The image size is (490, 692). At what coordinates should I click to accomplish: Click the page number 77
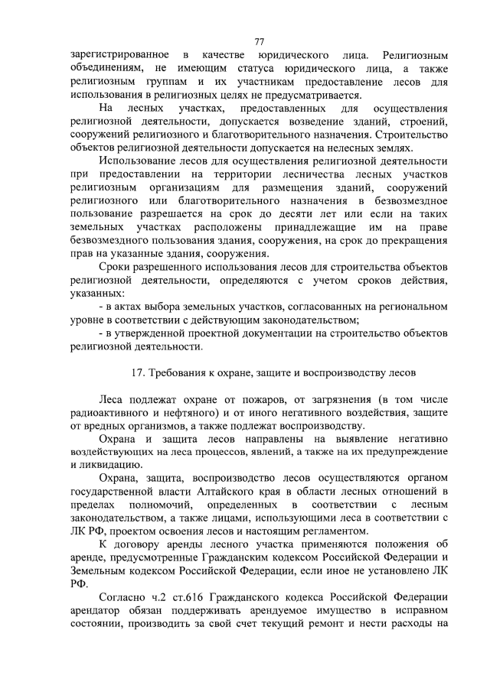click(x=259, y=42)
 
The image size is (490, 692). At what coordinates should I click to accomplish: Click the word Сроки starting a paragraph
click(x=116, y=267)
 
